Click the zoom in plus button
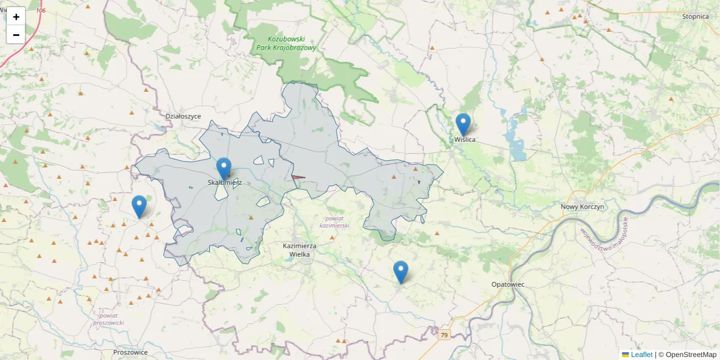pyautogui.click(x=16, y=16)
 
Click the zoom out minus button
pyautogui.click(x=16, y=34)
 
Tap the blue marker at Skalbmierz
pyautogui.click(x=224, y=169)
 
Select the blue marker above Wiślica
pyautogui.click(x=463, y=124)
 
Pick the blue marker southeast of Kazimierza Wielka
pyautogui.click(x=401, y=272)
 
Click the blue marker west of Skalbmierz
pyautogui.click(x=139, y=206)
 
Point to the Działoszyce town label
pyautogui.click(x=183, y=116)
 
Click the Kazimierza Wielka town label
pyautogui.click(x=300, y=250)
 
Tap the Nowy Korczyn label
pyautogui.click(x=582, y=206)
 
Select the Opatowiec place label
pyautogui.click(x=507, y=284)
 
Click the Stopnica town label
pyautogui.click(x=695, y=16)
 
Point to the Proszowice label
pyautogui.click(x=130, y=352)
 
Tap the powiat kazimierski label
pyautogui.click(x=334, y=222)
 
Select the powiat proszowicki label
pyautogui.click(x=108, y=319)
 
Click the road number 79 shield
pyautogui.click(x=443, y=335)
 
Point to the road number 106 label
pyautogui.click(x=41, y=11)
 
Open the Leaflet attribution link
pyautogui.click(x=641, y=355)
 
